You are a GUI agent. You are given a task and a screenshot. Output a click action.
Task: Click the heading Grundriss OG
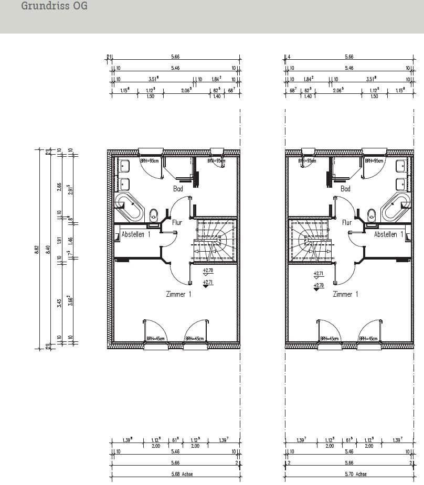54,6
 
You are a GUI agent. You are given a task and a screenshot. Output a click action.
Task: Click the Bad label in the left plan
178,188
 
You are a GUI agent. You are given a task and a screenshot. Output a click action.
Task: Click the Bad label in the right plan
345,188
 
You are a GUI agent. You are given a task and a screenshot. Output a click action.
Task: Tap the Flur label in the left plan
177,222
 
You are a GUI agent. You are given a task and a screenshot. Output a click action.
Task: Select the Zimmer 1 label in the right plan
345,294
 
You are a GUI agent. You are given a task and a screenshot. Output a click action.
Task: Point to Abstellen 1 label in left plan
136,234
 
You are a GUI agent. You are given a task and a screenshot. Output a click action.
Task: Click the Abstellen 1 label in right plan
389,234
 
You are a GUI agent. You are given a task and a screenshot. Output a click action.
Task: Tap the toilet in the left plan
154,214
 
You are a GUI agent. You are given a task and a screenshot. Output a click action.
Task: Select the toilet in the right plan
371,214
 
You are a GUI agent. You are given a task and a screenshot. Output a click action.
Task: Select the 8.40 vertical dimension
48,248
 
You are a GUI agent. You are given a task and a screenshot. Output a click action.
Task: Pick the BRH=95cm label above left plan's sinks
150,161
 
